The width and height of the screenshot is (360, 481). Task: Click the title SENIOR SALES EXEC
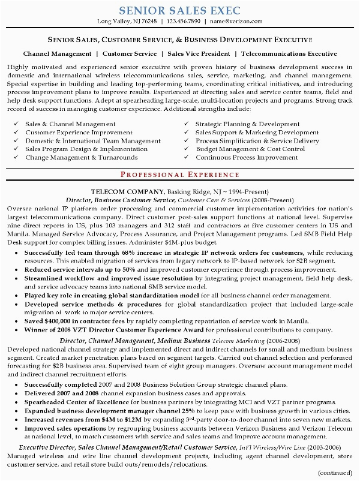click(180, 10)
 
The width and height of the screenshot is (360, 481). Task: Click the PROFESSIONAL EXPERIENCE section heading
click(180, 174)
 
